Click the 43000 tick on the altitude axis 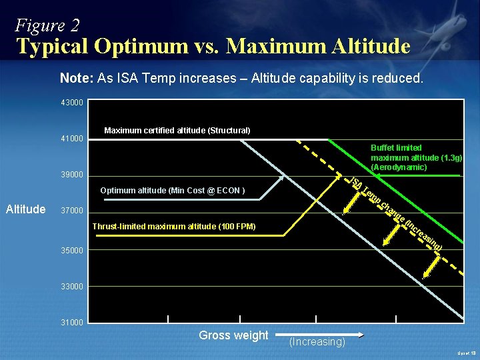point(72,103)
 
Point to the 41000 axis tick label point(72,139)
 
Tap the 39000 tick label point(72,175)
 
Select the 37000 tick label point(72,211)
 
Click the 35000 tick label point(72,251)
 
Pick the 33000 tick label point(72,287)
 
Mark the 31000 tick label point(72,323)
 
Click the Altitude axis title point(25,209)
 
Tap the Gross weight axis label point(233,335)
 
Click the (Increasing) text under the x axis point(317,342)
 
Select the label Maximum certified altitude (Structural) point(177,131)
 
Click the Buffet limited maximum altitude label point(415,157)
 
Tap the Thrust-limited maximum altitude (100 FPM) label point(173,227)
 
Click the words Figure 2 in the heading point(47,25)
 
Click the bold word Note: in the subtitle point(77,78)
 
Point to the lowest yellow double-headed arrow point(432,267)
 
